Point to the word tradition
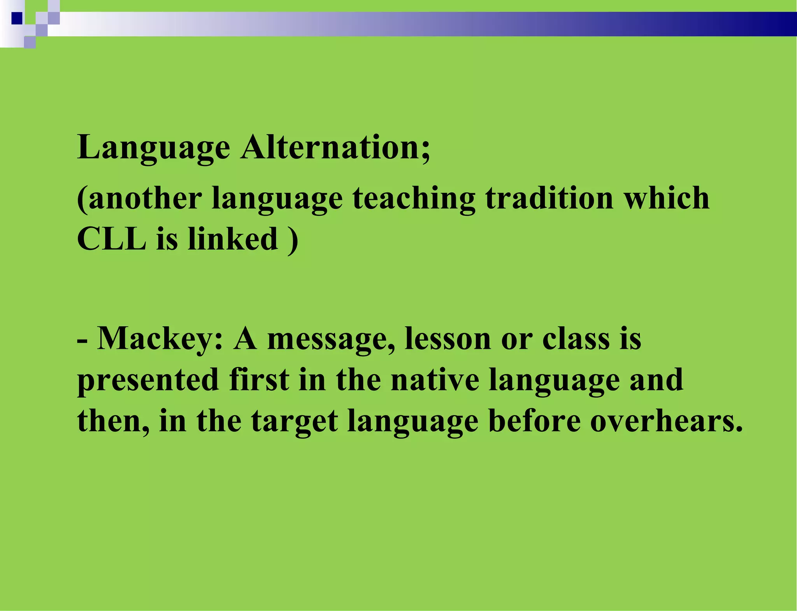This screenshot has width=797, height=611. point(549,198)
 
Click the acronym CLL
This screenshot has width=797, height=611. point(111,239)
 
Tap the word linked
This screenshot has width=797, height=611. point(233,239)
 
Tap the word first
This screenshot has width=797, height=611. point(259,380)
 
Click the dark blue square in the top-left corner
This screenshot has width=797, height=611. point(17,18)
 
